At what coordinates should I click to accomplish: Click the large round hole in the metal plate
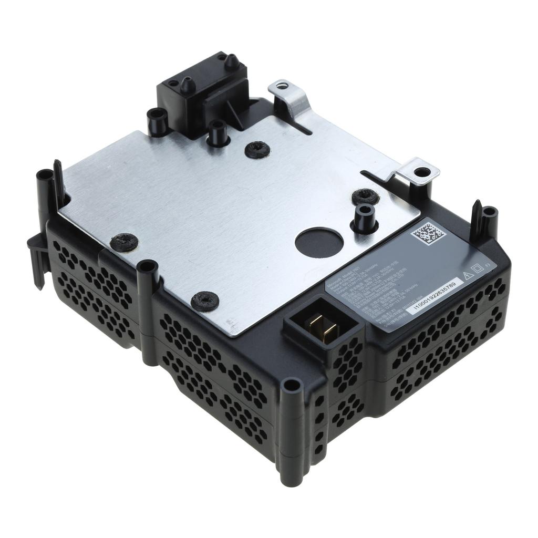tap(319, 243)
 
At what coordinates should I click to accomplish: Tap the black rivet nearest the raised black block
tap(257, 150)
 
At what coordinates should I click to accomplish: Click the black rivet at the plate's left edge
tap(125, 242)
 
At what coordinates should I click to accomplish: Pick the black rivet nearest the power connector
tap(205, 301)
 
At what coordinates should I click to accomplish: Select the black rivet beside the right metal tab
tap(365, 196)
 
